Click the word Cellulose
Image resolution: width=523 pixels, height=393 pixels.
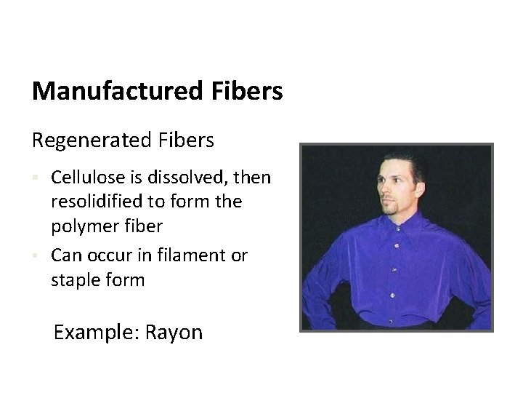[x=84, y=177]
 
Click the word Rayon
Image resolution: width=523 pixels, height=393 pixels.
[x=174, y=333]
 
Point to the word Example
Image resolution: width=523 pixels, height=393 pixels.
[x=96, y=333]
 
